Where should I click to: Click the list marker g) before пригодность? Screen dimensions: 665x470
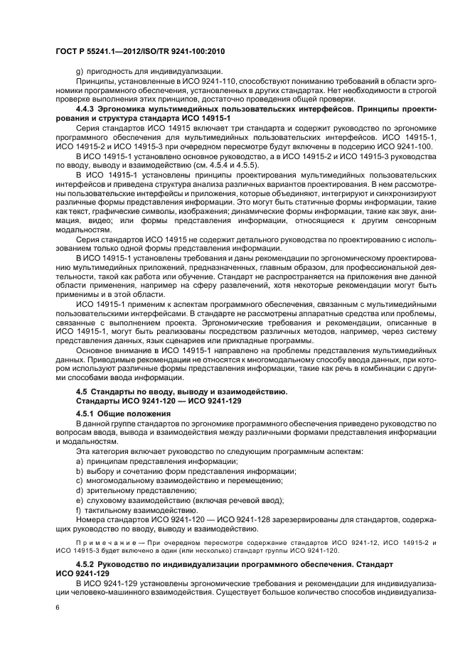[x=78, y=70]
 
